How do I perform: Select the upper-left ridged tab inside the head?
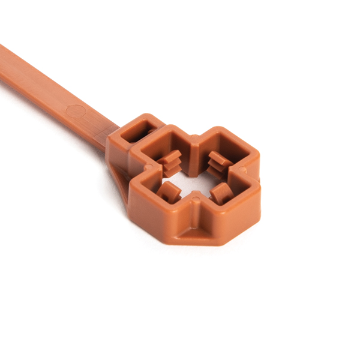[171, 160]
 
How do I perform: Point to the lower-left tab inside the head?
[169, 192]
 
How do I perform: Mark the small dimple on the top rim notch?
[194, 142]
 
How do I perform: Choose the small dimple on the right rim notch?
[245, 174]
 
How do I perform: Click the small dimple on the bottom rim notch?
[193, 206]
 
